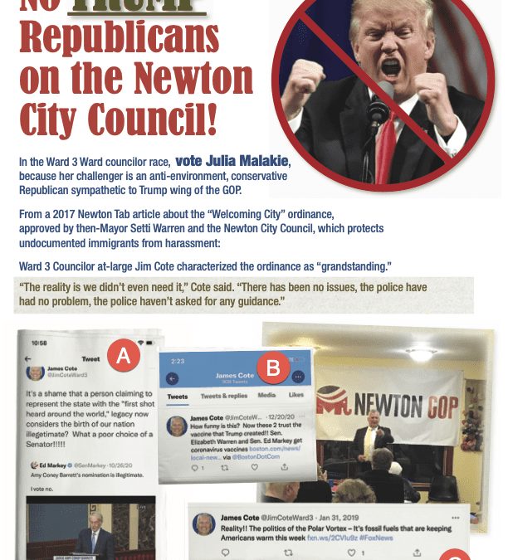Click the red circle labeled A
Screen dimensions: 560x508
[x=124, y=356]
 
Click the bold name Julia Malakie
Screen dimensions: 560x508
[x=232, y=161]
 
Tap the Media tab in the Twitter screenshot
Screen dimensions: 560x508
[x=266, y=396]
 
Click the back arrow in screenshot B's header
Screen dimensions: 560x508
[x=172, y=378]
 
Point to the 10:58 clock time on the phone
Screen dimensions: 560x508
[x=39, y=343]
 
